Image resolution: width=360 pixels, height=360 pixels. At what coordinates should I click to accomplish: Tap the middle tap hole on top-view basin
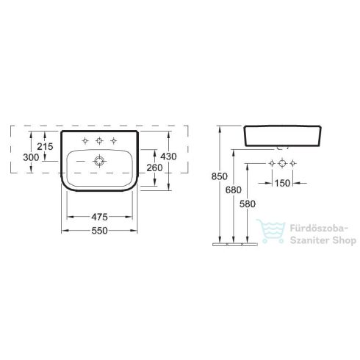[x=99, y=140]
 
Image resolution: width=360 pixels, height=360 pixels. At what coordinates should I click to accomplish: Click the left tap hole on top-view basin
[x=85, y=140]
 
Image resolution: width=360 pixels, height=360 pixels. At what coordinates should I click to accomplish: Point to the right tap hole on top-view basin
[x=113, y=140]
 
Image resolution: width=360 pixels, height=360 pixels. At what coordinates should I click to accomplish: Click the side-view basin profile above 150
[x=281, y=137]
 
